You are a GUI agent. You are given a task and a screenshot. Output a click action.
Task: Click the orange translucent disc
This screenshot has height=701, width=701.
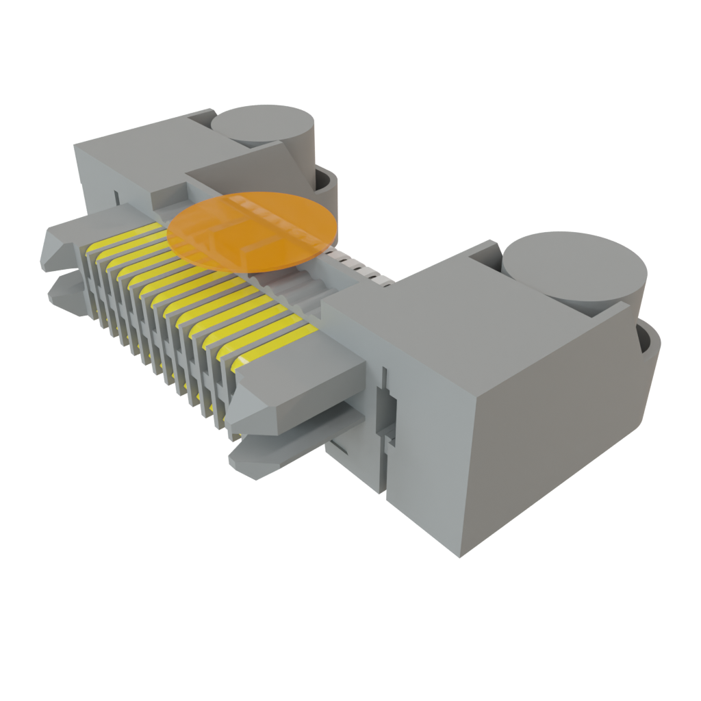[252, 230]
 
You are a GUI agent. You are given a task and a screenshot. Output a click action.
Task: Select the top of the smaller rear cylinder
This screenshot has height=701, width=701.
[262, 125]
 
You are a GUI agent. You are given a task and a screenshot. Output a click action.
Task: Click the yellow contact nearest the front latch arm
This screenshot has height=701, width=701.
[274, 349]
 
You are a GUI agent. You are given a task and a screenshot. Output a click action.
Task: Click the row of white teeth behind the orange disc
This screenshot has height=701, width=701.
[356, 267]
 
